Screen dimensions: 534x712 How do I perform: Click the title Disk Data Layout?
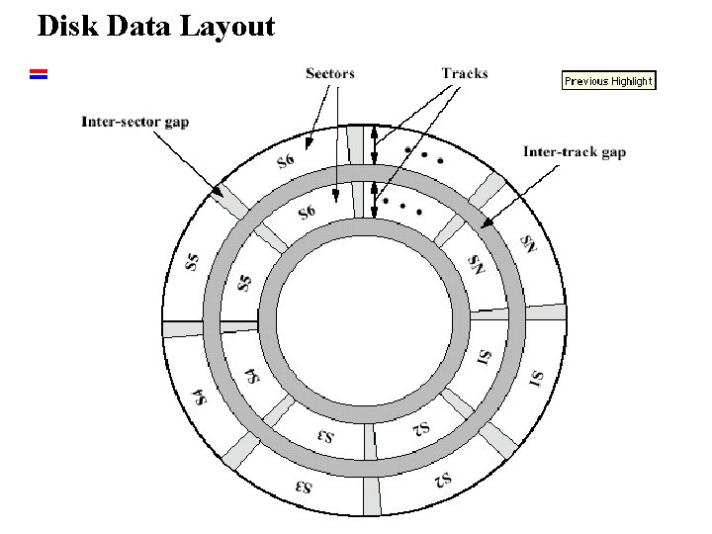155,27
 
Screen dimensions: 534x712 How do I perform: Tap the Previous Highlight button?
608,81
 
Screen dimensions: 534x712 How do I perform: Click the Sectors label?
330,73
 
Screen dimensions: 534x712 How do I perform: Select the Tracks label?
464,73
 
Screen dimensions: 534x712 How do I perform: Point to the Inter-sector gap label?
134,123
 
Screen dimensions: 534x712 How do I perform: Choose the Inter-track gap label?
574,152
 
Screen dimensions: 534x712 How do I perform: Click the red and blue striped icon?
39,73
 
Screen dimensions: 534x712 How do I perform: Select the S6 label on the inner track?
306,212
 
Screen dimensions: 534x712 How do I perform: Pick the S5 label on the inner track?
244,281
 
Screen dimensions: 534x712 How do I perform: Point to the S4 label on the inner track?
252,375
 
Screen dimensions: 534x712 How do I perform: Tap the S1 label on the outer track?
536,379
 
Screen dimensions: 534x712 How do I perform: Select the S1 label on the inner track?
485,355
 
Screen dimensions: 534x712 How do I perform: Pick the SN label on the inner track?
476,264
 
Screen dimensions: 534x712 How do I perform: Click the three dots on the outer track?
423,156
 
